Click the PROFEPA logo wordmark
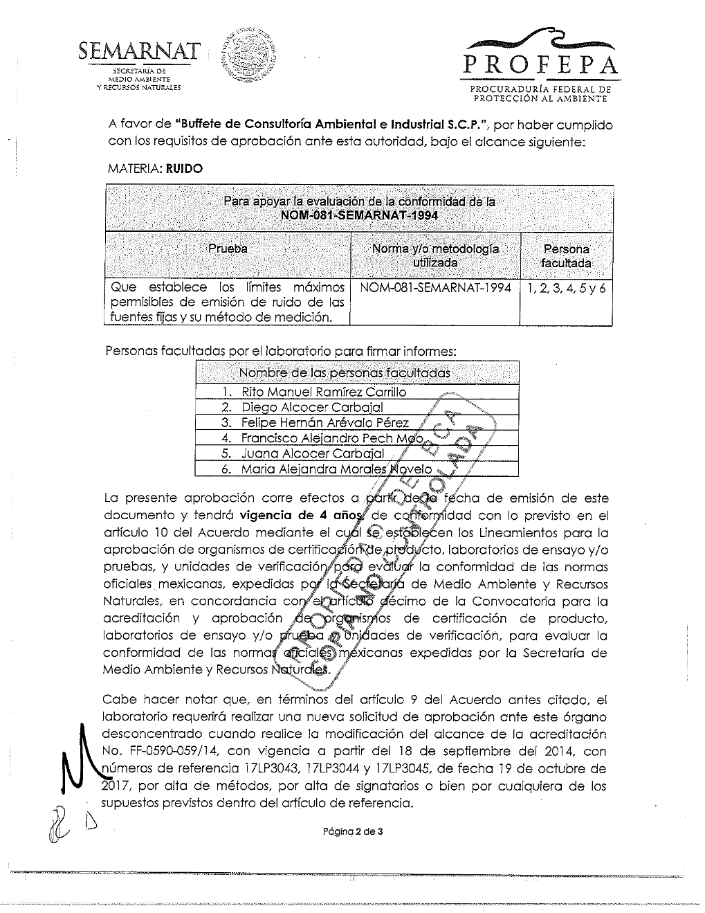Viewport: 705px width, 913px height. pos(542,65)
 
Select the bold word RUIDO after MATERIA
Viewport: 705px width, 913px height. pos(185,169)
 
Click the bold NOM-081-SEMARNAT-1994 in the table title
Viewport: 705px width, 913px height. pos(359,215)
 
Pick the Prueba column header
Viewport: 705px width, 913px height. pos(228,248)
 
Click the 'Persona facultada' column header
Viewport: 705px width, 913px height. pos(566,255)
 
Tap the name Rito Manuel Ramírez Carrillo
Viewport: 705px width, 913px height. pos(324,392)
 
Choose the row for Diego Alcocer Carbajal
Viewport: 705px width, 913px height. pos(312,407)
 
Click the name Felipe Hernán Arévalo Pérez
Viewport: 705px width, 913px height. pos(324,422)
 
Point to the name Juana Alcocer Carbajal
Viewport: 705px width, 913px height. pos(312,453)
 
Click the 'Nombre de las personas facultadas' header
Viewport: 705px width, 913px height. pos(344,372)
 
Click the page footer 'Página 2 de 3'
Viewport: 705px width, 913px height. pos(353,832)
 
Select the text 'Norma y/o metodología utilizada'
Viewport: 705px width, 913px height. pos(435,255)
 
